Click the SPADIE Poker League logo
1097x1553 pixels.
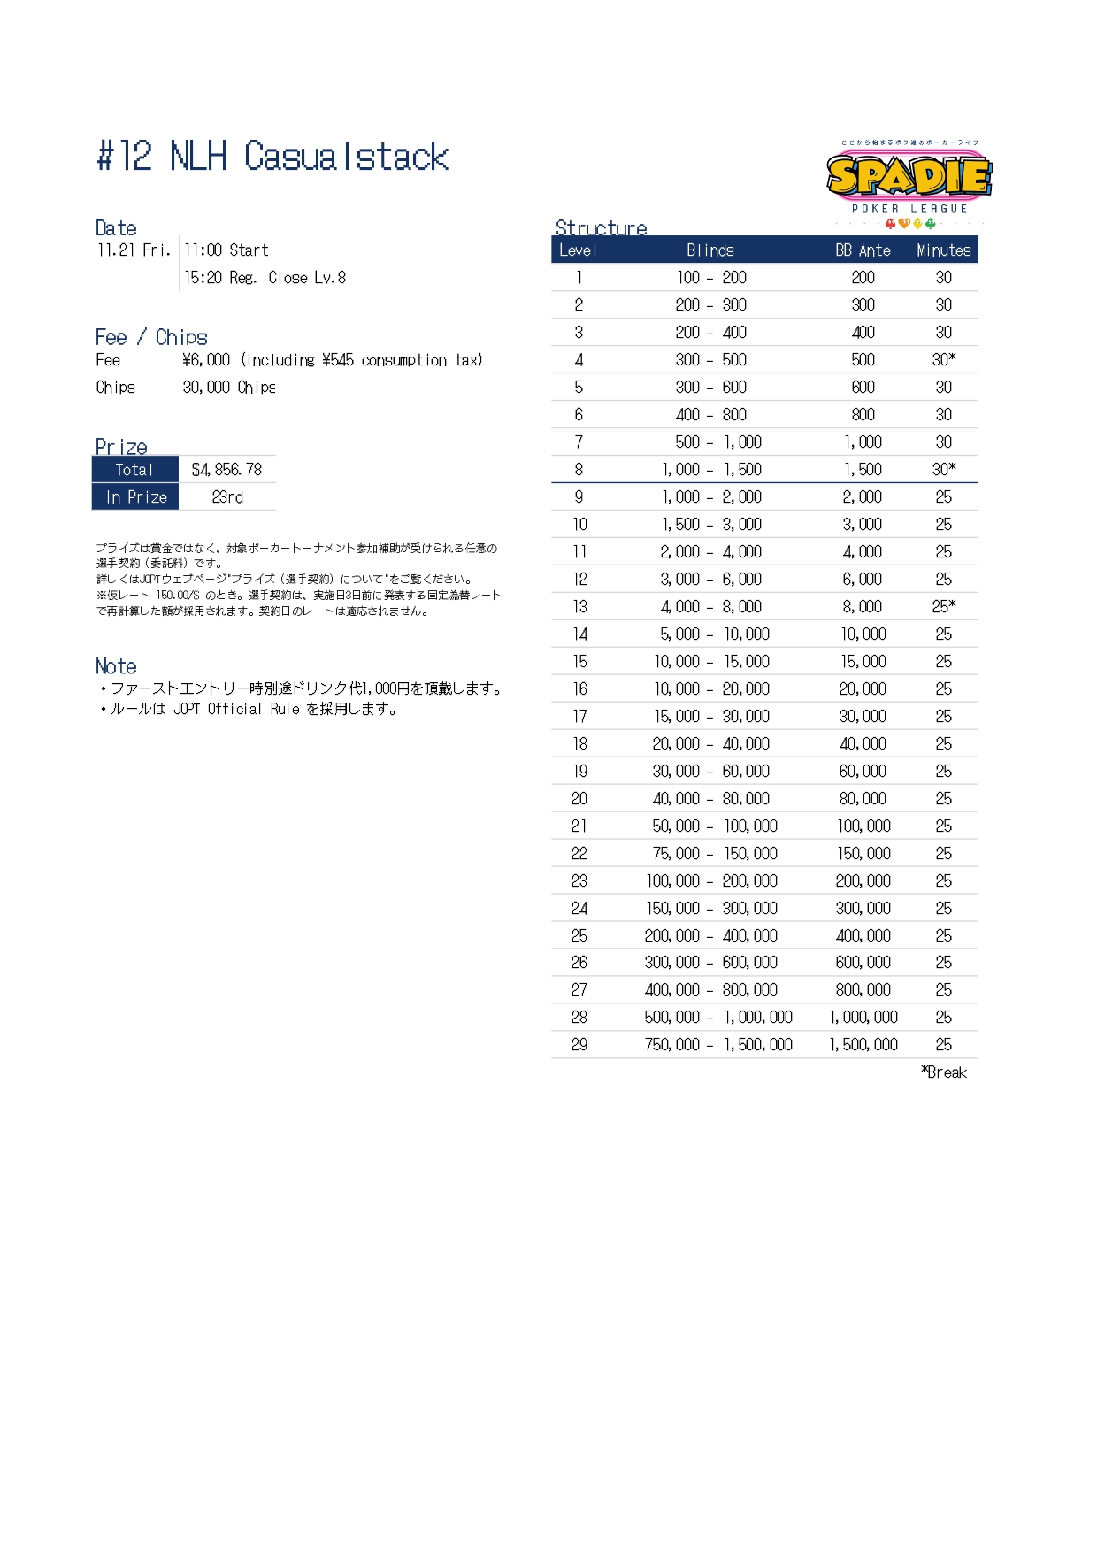tap(909, 182)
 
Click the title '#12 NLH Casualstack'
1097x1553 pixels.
tap(272, 157)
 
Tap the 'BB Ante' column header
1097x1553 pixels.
tap(863, 250)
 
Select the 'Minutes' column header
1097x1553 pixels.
tap(943, 250)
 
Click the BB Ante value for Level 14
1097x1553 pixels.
tap(863, 634)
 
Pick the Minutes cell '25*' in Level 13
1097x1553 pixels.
tap(943, 607)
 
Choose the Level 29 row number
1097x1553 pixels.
tap(579, 1045)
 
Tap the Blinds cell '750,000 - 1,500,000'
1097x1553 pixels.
tap(717, 1045)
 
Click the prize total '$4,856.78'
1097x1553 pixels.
tap(226, 470)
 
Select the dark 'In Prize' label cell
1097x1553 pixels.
tap(135, 497)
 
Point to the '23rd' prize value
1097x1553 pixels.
tap(227, 497)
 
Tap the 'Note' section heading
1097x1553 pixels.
tap(116, 666)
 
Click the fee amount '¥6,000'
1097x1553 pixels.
tap(206, 360)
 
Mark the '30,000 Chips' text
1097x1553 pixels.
tap(229, 388)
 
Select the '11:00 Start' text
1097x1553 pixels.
tap(226, 250)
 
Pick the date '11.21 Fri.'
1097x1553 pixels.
tap(134, 250)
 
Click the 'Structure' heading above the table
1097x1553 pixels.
tap(601, 227)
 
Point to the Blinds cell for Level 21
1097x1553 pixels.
tap(714, 826)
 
